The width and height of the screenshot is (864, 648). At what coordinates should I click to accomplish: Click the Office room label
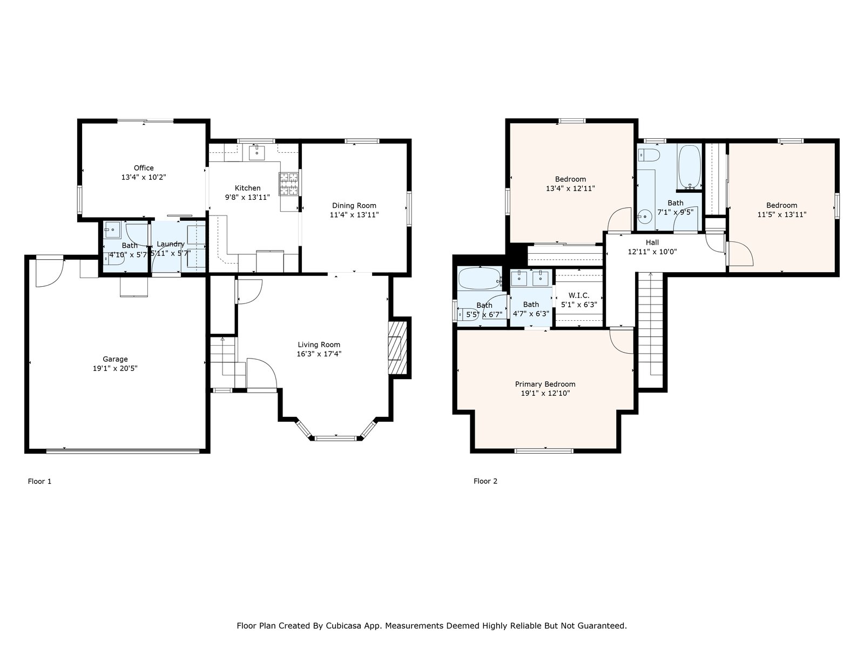click(x=144, y=168)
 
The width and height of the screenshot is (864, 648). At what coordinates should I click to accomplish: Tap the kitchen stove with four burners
click(x=289, y=184)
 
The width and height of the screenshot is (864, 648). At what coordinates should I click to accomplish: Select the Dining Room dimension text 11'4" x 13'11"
click(x=354, y=215)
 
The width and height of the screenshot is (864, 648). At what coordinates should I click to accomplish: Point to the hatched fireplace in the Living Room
click(x=397, y=348)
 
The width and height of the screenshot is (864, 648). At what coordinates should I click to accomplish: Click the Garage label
click(x=115, y=359)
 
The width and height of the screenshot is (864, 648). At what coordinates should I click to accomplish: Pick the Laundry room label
click(x=171, y=244)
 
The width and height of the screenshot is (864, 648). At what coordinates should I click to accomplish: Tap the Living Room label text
click(x=319, y=345)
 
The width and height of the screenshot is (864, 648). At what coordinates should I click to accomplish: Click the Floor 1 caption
click(x=39, y=481)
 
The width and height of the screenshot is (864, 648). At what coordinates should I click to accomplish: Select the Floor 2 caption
click(x=485, y=481)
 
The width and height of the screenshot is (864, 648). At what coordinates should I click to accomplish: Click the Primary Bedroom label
click(x=545, y=384)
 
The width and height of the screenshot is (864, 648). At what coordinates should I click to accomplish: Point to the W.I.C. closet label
click(x=579, y=295)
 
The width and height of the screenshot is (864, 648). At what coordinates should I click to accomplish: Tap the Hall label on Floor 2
click(x=652, y=242)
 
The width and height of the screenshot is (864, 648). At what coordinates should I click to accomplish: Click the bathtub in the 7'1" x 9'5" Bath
click(x=690, y=167)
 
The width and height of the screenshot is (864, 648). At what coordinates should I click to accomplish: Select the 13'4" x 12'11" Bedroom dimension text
click(x=570, y=188)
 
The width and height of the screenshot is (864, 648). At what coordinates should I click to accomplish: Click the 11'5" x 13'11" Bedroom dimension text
click(x=782, y=215)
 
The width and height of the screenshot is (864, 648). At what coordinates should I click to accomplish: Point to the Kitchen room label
click(x=247, y=188)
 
